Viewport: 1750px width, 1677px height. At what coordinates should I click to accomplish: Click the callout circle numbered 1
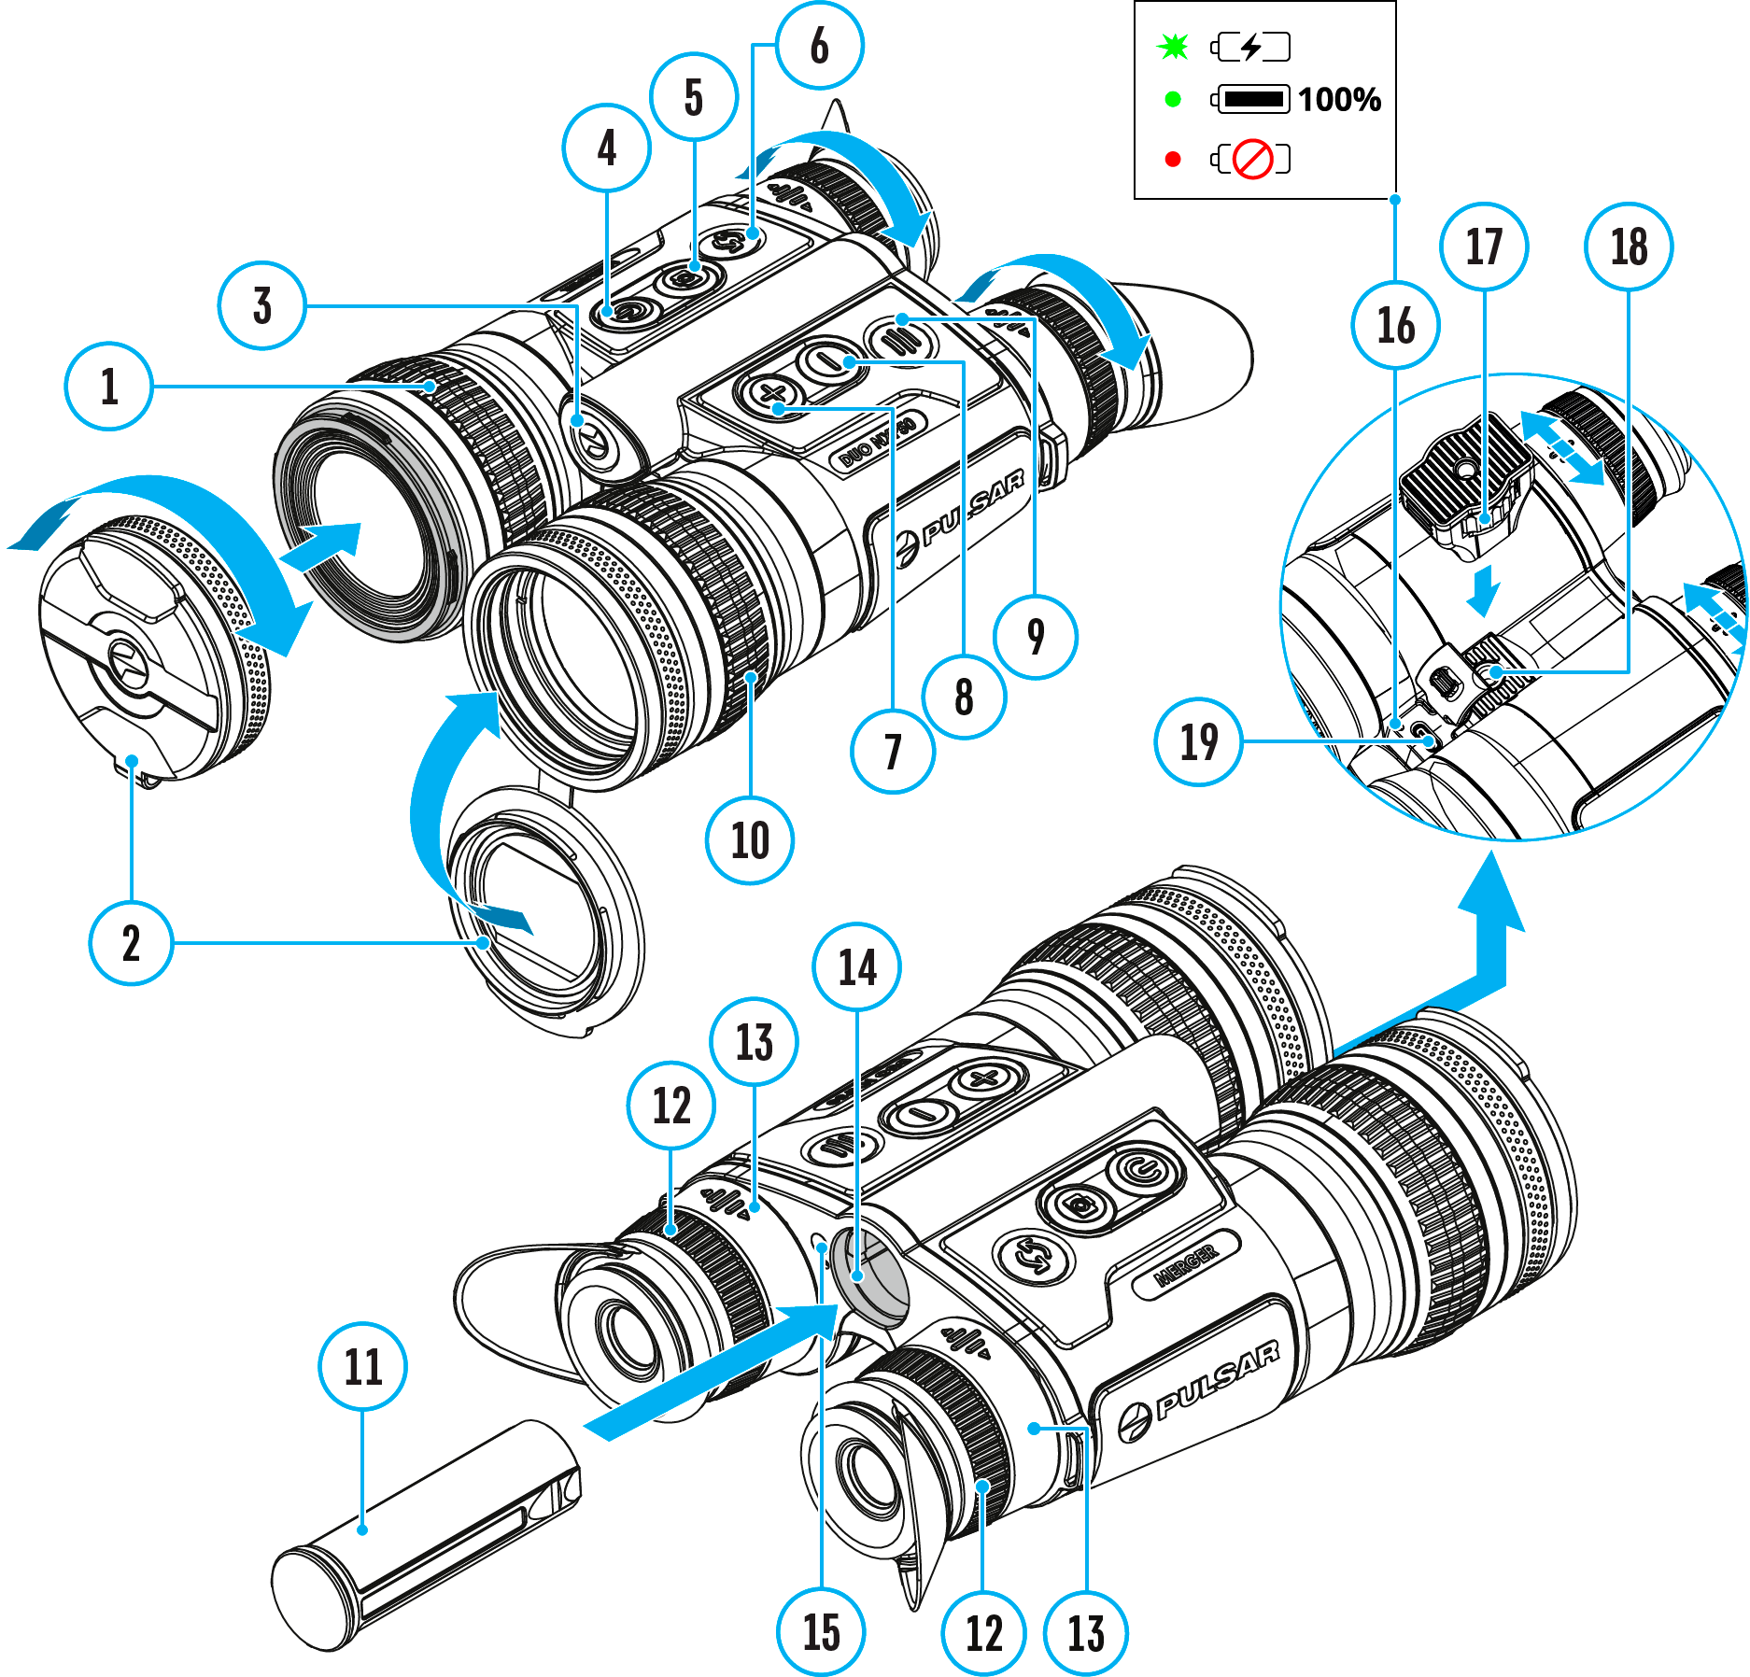[x=108, y=386]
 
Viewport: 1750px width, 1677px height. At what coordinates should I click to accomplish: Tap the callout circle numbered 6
[x=819, y=45]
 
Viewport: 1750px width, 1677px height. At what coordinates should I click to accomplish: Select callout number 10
[x=750, y=839]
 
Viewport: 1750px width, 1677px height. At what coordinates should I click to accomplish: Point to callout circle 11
[x=362, y=1366]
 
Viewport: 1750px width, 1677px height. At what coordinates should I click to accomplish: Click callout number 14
[x=856, y=966]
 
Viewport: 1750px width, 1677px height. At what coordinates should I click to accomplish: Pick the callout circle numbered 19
[x=1198, y=741]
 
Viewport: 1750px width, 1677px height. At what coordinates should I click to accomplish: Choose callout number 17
[x=1483, y=247]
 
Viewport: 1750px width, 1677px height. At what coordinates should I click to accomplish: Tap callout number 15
[x=821, y=1632]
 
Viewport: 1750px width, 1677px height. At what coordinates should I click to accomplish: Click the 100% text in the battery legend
[x=1339, y=100]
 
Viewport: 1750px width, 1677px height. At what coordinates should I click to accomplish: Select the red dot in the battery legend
[x=1173, y=160]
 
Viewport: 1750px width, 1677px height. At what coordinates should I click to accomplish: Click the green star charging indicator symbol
[x=1173, y=46]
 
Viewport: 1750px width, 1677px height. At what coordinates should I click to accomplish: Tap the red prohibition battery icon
[x=1251, y=159]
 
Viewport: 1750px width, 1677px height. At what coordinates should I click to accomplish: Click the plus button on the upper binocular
[x=773, y=393]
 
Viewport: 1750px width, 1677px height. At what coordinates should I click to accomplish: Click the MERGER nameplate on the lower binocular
[x=1186, y=1264]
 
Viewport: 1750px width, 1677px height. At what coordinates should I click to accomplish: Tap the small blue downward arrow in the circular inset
[x=1482, y=590]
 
